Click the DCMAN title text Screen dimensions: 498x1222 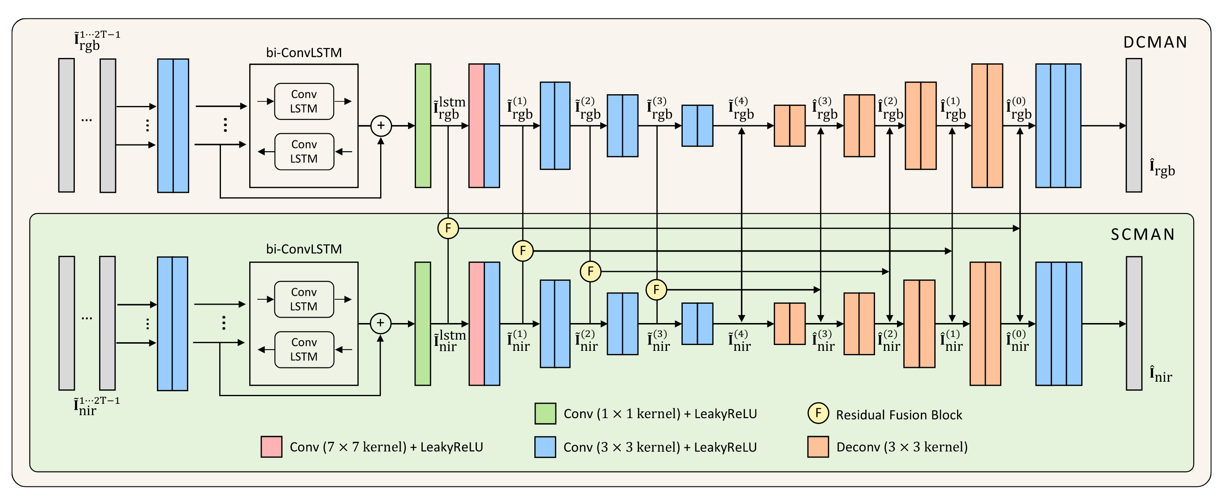1155,42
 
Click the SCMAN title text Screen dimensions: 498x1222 1142,235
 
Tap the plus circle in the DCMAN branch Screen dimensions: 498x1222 381,126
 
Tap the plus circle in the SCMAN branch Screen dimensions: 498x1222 380,323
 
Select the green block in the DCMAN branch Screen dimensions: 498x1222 423,126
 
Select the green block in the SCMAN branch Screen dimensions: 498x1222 423,323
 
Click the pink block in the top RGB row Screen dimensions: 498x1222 476,126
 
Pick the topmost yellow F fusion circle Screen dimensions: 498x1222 448,228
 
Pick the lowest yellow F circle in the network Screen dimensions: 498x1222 656,289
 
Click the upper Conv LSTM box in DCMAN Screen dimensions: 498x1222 303,101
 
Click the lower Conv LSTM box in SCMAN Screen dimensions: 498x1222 303,349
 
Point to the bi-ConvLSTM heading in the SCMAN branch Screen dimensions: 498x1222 303,249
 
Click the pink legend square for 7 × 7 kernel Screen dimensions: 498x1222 271,447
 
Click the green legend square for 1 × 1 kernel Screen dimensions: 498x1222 545,414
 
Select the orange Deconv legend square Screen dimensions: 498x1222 818,447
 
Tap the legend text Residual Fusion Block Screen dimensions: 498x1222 898,415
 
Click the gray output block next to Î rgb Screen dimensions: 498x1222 1133,126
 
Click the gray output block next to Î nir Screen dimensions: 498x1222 1134,323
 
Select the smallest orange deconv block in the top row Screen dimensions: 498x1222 789,126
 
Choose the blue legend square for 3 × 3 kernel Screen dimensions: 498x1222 545,447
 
